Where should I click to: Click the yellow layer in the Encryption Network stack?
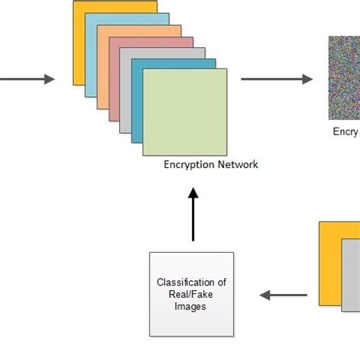click(78, 46)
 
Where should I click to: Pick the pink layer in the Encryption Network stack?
click(114, 84)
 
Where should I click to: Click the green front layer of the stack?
click(185, 111)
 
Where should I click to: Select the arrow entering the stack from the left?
click(27, 79)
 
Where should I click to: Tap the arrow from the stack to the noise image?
click(277, 79)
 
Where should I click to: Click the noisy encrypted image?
click(344, 78)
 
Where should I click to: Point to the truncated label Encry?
click(345, 131)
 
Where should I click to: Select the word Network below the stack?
click(237, 164)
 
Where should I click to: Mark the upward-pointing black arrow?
click(193, 216)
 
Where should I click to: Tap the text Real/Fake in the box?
click(191, 294)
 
